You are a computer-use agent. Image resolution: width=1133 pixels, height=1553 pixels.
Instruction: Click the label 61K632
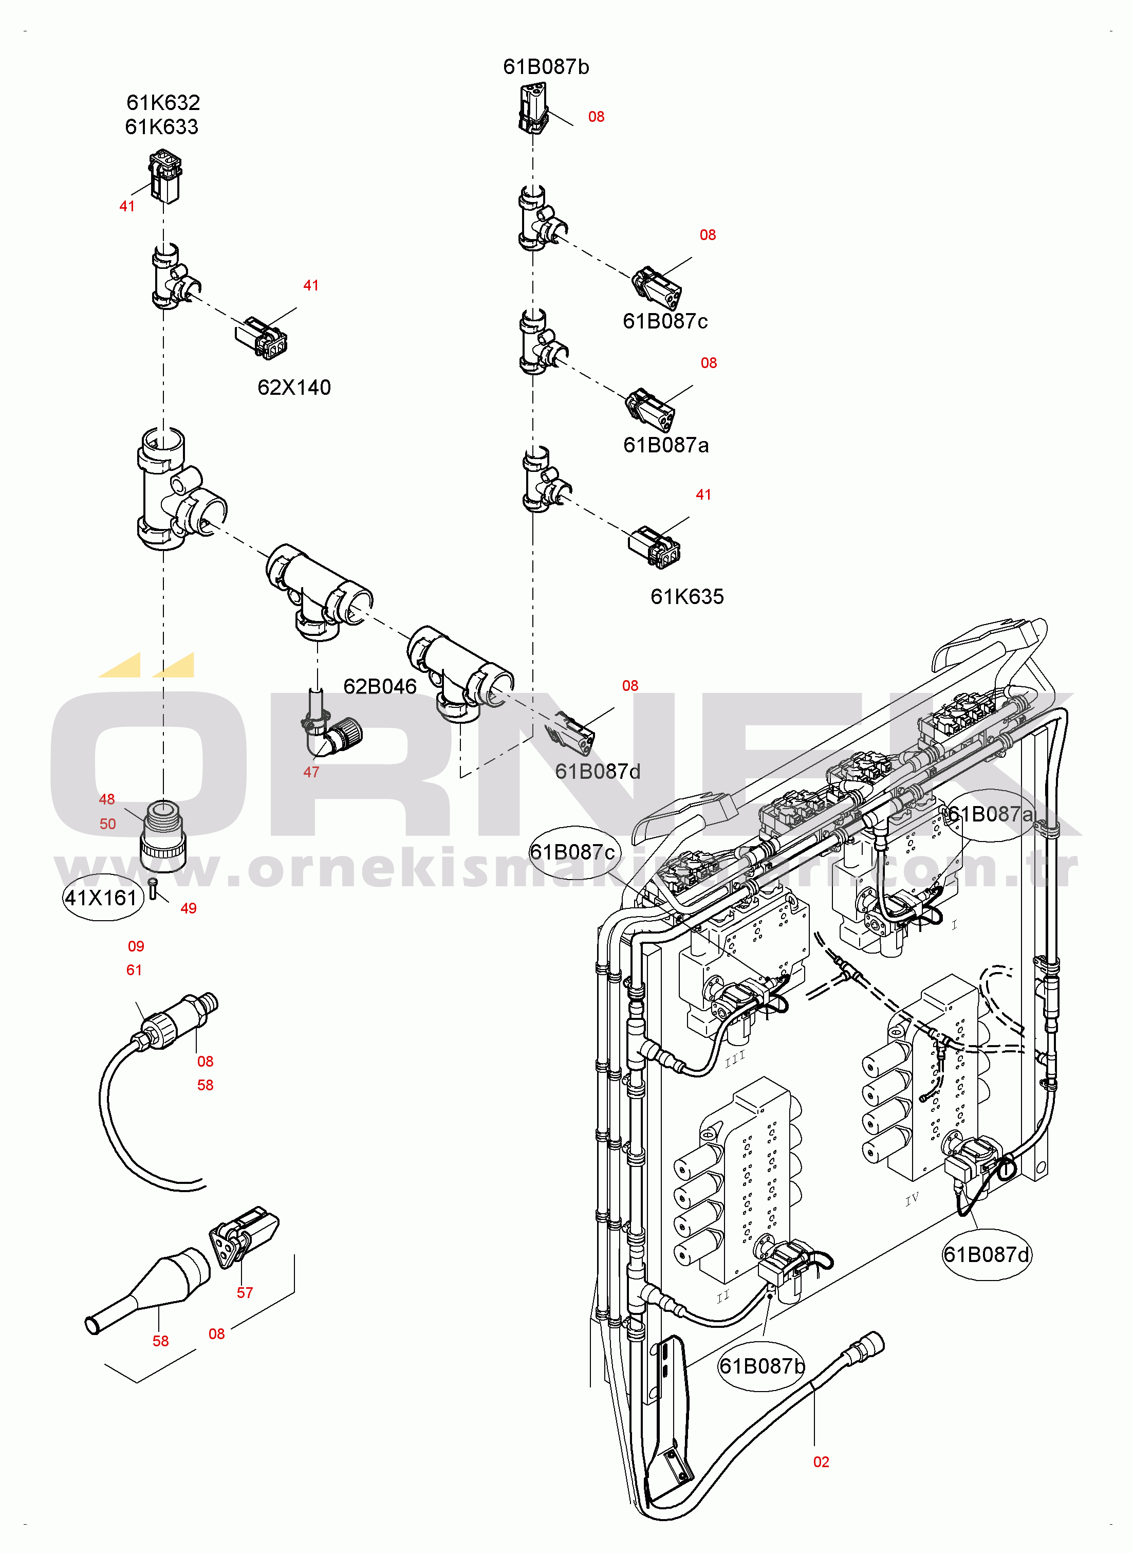163,103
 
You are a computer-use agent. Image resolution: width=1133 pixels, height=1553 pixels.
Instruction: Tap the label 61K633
162,127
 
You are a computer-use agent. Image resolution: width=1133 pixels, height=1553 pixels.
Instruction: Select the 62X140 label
294,388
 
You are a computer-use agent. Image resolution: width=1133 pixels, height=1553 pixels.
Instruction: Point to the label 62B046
380,687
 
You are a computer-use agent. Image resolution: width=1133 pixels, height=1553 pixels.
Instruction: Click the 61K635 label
687,597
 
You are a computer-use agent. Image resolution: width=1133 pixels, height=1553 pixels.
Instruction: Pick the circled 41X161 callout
103,897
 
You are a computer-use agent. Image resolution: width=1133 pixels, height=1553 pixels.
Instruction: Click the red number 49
189,908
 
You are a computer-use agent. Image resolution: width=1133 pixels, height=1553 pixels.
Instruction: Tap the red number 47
311,772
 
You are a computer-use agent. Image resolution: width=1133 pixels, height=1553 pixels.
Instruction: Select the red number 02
821,1462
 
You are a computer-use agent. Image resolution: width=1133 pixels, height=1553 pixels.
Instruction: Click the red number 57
245,1292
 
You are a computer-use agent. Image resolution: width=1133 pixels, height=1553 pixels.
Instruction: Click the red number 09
136,946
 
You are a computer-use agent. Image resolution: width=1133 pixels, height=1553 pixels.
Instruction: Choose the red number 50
108,824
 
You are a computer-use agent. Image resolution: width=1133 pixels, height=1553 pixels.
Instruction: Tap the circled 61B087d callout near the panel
986,1255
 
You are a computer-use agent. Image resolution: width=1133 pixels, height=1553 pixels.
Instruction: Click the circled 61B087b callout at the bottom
761,1366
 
